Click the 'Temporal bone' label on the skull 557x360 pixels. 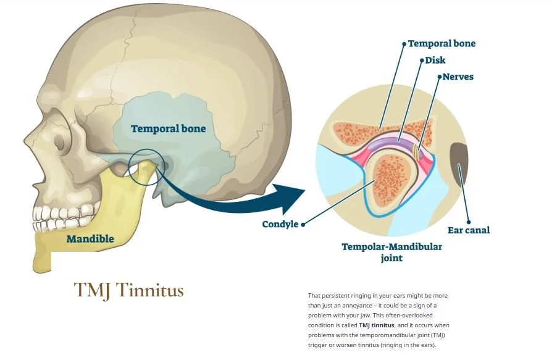(x=168, y=129)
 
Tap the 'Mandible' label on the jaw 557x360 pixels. (x=90, y=239)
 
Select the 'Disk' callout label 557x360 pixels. (x=435, y=61)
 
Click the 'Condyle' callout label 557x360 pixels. (x=280, y=224)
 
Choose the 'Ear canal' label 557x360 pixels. (x=469, y=230)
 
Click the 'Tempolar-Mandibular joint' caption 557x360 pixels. (x=392, y=252)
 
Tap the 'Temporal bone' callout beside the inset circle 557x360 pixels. (x=442, y=44)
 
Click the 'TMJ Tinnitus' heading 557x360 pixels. (x=129, y=290)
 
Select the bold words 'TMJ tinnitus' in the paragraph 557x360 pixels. (x=377, y=325)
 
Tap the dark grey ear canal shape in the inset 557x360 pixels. (x=459, y=165)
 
